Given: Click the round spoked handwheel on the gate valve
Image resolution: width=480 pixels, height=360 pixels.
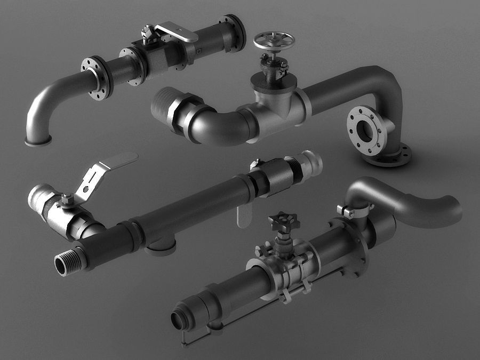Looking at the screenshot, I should (274, 40).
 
